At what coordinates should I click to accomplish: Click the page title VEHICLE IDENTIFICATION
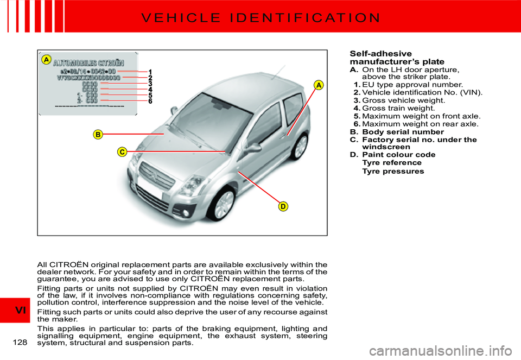pyautogui.click(x=260, y=17)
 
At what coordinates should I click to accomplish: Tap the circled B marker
pyautogui.click(x=98, y=134)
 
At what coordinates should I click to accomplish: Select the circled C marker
pyautogui.click(x=123, y=152)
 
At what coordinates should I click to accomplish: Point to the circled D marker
pyautogui.click(x=283, y=206)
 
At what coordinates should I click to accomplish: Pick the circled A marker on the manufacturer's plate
pyautogui.click(x=47, y=59)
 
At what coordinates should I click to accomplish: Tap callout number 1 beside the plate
pyautogui.click(x=150, y=72)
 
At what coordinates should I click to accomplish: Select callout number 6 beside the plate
pyautogui.click(x=150, y=101)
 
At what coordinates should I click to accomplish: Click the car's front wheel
pyautogui.click(x=223, y=203)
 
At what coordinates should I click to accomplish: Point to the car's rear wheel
pyautogui.click(x=299, y=147)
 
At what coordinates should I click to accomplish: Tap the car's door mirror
pyautogui.click(x=252, y=148)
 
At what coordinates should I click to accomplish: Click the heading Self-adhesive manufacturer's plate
pyautogui.click(x=390, y=58)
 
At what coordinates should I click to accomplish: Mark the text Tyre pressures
pyautogui.click(x=393, y=171)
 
